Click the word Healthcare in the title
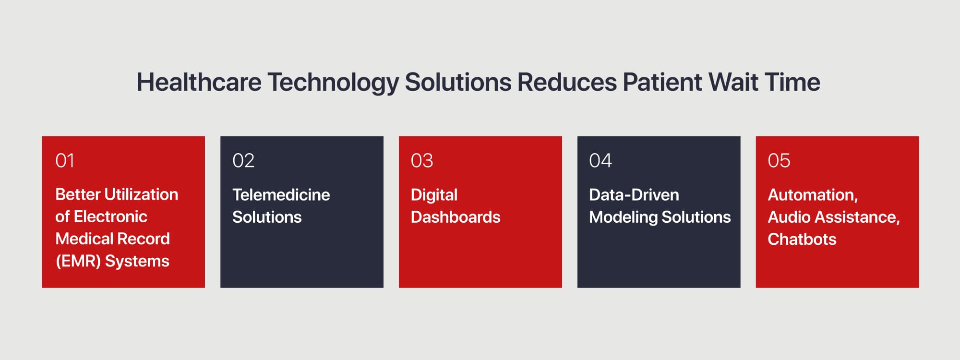[199, 82]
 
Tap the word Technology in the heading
[333, 82]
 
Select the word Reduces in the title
[566, 82]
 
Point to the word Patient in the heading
[662, 82]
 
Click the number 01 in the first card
[65, 161]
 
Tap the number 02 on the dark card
[243, 161]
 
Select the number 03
[422, 161]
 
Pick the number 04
[600, 161]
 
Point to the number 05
[779, 161]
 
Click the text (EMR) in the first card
[78, 261]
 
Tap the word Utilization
[141, 194]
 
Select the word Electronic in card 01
[110, 216]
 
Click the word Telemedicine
[281, 195]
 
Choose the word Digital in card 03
[434, 195]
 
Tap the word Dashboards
[456, 217]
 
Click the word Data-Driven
[634, 195]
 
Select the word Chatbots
[802, 239]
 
